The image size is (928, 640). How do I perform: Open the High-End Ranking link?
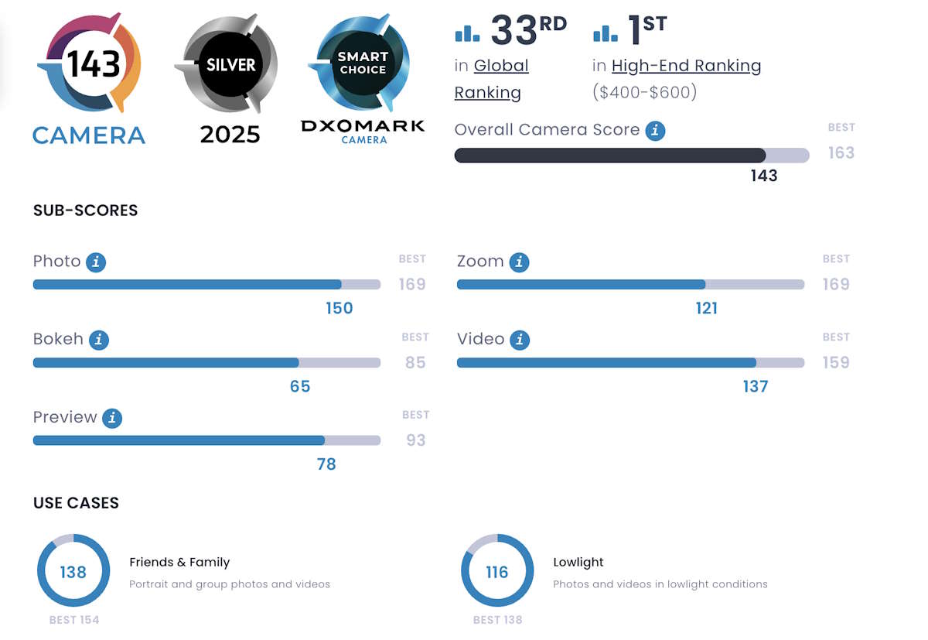(x=686, y=67)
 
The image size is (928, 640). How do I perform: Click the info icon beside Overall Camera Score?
(x=655, y=131)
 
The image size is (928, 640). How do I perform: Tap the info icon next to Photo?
(x=96, y=262)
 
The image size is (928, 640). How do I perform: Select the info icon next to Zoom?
(x=520, y=262)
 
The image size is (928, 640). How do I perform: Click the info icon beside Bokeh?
(x=98, y=340)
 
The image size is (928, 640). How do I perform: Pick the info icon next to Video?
(x=520, y=340)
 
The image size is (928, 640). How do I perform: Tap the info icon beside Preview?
(x=112, y=418)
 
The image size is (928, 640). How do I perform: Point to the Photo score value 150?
(x=339, y=308)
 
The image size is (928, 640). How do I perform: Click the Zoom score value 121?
(x=706, y=308)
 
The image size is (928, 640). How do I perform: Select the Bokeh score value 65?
(x=300, y=385)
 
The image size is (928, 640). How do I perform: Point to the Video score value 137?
(x=756, y=385)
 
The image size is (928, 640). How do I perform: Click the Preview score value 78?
(x=326, y=464)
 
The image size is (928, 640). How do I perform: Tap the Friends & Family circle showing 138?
(x=73, y=571)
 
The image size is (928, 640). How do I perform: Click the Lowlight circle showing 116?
(x=497, y=571)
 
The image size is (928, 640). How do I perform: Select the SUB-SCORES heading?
(x=85, y=210)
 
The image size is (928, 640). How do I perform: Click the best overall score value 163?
(x=841, y=152)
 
